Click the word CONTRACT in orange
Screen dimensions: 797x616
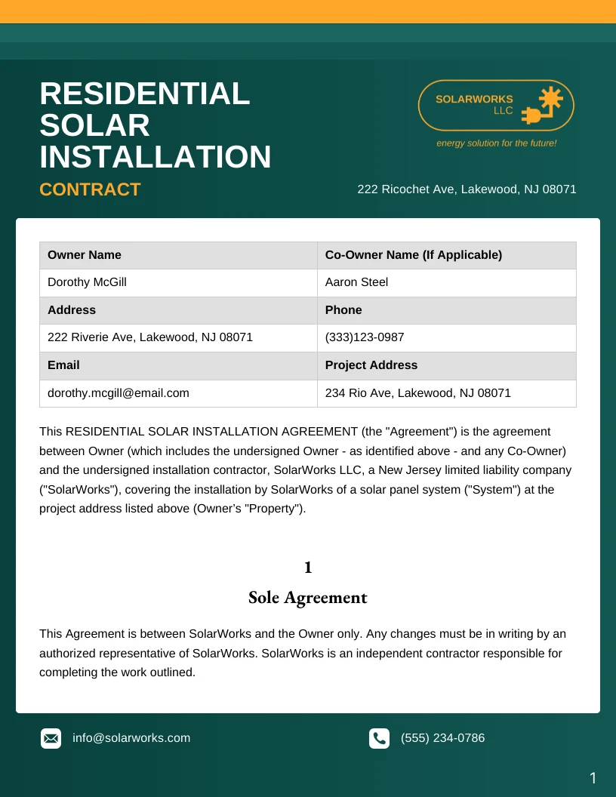pyautogui.click(x=90, y=189)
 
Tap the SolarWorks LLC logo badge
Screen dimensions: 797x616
pyautogui.click(x=496, y=106)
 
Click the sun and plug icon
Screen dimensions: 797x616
pyautogui.click(x=544, y=106)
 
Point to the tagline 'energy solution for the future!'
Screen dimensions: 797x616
pyautogui.click(x=496, y=143)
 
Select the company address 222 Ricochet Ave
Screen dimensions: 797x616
pyautogui.click(x=467, y=189)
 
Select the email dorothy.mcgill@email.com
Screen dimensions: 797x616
pyautogui.click(x=119, y=392)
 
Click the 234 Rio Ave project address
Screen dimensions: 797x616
pyautogui.click(x=417, y=392)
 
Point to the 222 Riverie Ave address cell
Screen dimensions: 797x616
pyautogui.click(x=150, y=337)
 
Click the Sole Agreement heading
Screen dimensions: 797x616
pyautogui.click(x=308, y=598)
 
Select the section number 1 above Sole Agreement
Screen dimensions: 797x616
pyautogui.click(x=308, y=567)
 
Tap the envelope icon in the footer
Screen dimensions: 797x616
pyautogui.click(x=51, y=738)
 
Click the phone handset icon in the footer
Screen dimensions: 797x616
pyautogui.click(x=379, y=738)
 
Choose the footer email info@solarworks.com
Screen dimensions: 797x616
pyautogui.click(x=131, y=738)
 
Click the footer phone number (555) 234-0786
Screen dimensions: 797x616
pyautogui.click(x=442, y=738)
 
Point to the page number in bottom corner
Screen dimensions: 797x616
pyautogui.click(x=593, y=778)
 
